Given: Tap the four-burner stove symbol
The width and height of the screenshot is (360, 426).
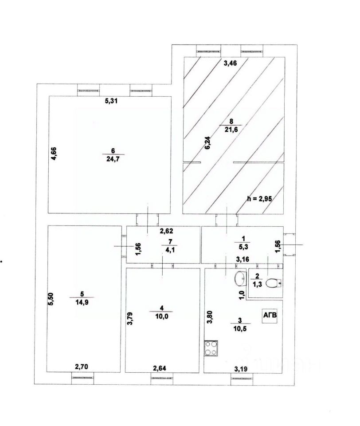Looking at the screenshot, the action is click(211, 347).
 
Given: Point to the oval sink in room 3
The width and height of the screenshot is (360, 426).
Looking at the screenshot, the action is click(239, 278).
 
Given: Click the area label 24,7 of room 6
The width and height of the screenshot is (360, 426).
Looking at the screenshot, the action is click(109, 158).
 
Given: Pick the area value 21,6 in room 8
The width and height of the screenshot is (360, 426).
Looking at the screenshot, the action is click(230, 129).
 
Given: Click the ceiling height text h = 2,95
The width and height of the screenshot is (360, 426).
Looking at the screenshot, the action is click(259, 198).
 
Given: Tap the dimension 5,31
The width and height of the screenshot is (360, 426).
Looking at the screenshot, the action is click(113, 101).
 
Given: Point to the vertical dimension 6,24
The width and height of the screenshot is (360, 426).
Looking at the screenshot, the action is click(207, 144).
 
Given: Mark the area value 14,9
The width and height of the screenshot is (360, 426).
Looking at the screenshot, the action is click(82, 304).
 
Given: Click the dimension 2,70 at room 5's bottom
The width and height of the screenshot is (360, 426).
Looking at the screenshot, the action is click(82, 367).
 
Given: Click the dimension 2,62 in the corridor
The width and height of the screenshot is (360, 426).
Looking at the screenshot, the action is click(167, 231).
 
